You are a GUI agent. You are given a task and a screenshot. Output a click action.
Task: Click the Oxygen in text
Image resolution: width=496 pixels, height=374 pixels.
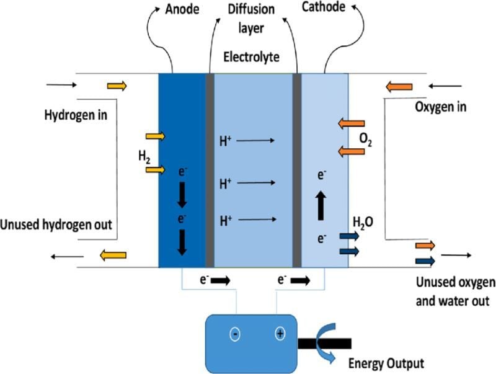coord(440,107)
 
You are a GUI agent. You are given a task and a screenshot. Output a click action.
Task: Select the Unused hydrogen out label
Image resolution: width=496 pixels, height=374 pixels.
coord(56,225)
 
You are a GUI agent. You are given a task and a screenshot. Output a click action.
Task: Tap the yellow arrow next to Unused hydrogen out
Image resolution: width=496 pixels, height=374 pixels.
coord(113,254)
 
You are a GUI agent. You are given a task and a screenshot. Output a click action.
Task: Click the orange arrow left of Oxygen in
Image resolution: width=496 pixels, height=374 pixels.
coord(399,87)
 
